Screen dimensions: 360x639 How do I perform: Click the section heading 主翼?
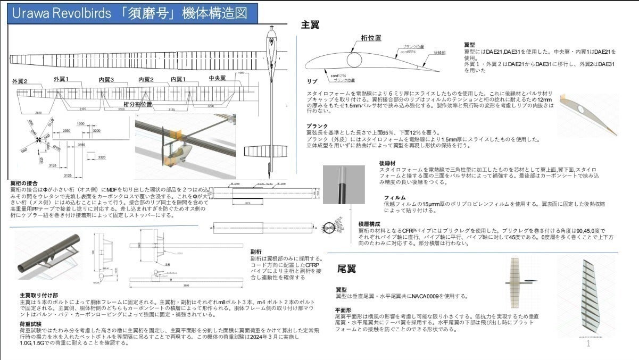pyautogui.click(x=310, y=24)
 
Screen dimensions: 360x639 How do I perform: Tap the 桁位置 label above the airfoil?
pyautogui.click(x=371, y=38)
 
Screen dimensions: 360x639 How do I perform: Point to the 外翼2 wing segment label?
pyautogui.click(x=20, y=82)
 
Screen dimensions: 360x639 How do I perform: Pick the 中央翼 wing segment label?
pyautogui.click(x=217, y=78)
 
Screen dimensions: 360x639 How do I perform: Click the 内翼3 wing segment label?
pyautogui.click(x=106, y=79)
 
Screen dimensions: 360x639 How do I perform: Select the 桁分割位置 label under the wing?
pyautogui.click(x=137, y=104)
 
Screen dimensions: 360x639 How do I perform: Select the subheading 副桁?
pyautogui.click(x=255, y=252)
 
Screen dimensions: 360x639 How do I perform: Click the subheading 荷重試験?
pyautogui.click(x=31, y=323)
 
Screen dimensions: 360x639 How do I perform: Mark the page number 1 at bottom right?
pyautogui.click(x=588, y=344)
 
